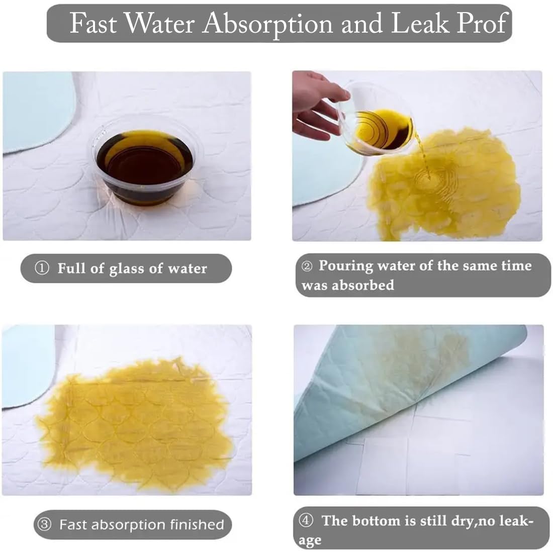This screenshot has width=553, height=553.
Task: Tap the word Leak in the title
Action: coord(420,23)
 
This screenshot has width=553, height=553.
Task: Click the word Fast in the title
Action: coord(93,23)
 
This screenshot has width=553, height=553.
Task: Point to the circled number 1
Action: coord(42,268)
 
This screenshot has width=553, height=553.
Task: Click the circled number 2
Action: coord(307,266)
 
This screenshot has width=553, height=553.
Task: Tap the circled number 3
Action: coord(44,524)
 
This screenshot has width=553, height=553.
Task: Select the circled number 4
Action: coord(306,520)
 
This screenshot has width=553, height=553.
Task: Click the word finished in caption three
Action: coord(197,524)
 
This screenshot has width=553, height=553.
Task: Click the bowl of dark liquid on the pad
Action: coord(145,163)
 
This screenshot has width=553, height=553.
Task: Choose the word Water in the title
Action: coord(160,23)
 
